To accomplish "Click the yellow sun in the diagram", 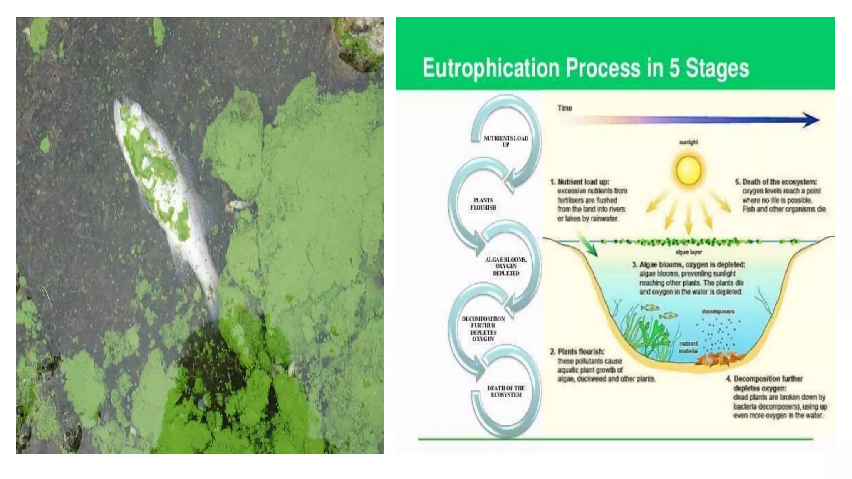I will point(689,170).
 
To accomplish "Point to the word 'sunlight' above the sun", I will point(689,142).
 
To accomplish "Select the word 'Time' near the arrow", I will point(565,108).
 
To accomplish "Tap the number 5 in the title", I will point(674,68).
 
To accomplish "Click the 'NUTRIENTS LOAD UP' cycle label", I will point(506,141).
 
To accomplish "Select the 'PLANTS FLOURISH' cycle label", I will point(483,204).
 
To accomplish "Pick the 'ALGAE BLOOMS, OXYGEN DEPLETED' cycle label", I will point(506,266).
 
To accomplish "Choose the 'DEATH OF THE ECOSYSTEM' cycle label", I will point(506,391).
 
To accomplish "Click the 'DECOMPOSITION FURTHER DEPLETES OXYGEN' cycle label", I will point(483,329).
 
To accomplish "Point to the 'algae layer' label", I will point(689,252).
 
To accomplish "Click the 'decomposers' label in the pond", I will point(718,311).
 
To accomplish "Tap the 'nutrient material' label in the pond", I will point(689,347).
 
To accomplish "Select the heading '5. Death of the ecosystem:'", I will point(775,182).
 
